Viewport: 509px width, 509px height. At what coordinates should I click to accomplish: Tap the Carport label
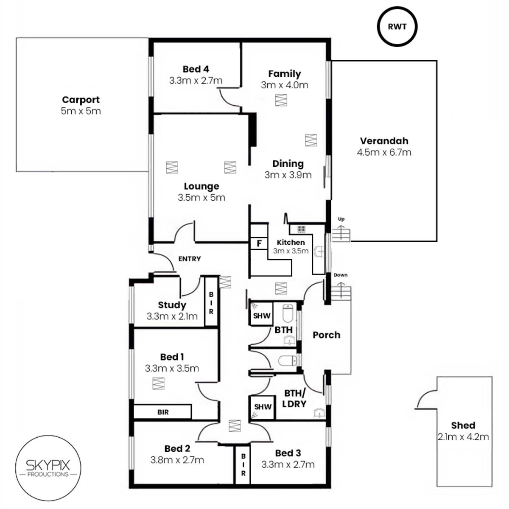81,100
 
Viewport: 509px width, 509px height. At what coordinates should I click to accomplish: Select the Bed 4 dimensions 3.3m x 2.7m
196,80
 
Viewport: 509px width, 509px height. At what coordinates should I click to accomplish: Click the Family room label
285,74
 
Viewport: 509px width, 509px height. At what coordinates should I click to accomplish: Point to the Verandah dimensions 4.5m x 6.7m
384,152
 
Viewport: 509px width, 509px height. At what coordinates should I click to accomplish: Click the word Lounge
201,186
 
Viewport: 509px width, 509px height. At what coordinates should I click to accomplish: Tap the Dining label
288,163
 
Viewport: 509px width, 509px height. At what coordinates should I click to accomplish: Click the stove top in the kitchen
302,229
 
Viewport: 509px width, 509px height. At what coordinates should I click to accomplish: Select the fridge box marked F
259,243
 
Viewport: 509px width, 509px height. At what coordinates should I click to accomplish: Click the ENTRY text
190,259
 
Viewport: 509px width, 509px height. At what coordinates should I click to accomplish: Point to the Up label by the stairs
341,219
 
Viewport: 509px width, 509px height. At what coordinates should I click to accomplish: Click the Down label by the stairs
341,275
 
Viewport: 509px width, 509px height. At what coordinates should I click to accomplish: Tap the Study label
172,305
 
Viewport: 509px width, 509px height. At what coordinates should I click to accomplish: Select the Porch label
327,335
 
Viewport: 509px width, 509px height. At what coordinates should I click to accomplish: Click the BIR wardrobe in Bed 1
162,411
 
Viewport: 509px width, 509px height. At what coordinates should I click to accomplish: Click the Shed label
463,425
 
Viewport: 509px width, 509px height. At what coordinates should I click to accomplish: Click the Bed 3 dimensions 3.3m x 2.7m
288,464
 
